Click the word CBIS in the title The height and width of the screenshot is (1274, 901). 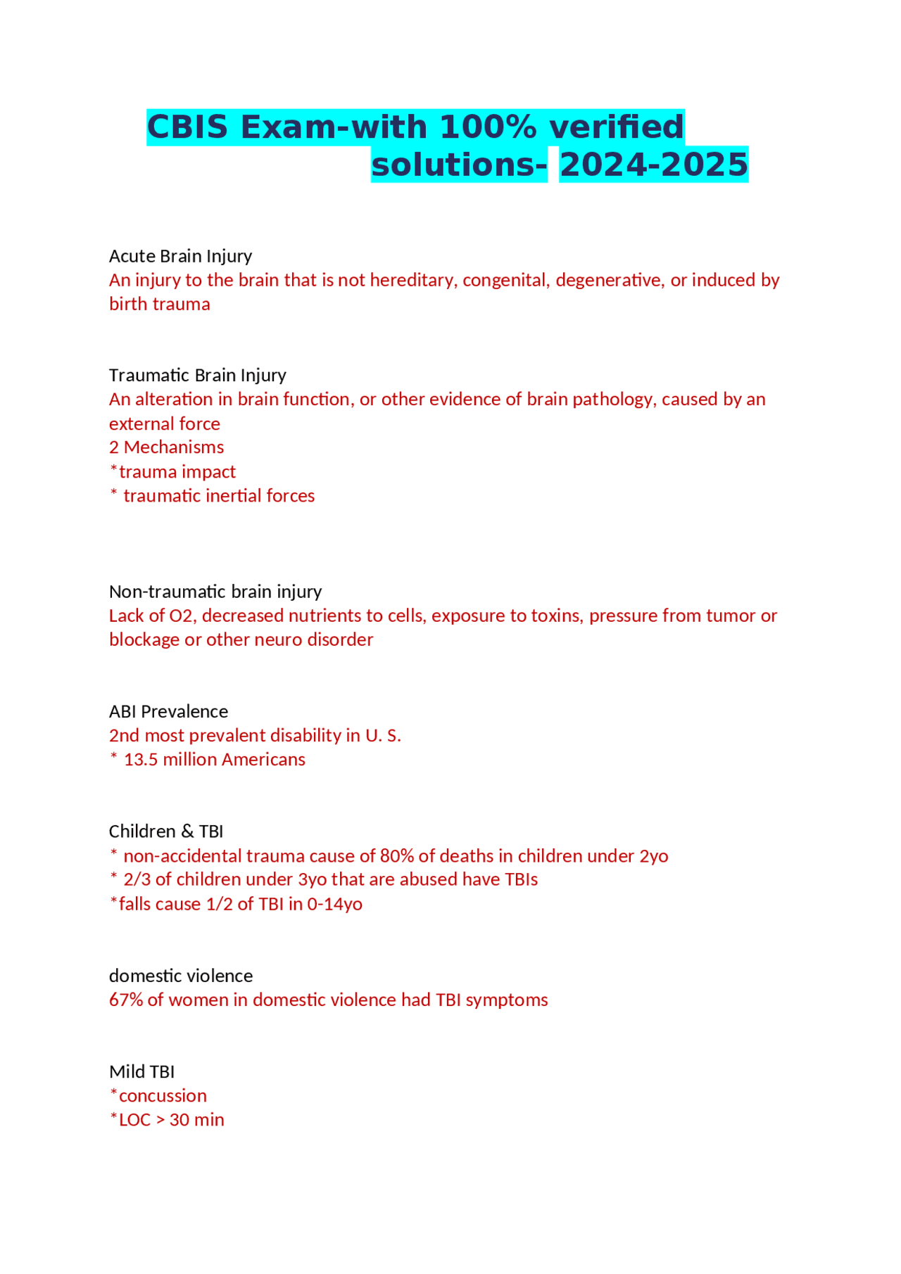(x=187, y=127)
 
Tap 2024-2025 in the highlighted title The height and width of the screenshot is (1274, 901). (x=653, y=165)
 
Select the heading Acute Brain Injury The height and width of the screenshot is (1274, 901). (x=180, y=255)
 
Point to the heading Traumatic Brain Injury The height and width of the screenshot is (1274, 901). (x=197, y=375)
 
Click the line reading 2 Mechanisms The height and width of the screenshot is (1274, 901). (x=166, y=447)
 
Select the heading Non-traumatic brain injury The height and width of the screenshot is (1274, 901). (x=215, y=591)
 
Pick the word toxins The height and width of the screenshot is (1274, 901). (x=557, y=616)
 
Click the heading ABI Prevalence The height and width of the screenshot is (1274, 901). (x=168, y=711)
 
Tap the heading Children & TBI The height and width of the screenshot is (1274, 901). (x=165, y=832)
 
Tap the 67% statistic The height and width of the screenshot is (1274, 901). (x=125, y=1000)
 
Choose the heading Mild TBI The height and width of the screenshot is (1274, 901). (x=141, y=1071)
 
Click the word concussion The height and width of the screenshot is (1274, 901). (x=163, y=1096)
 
